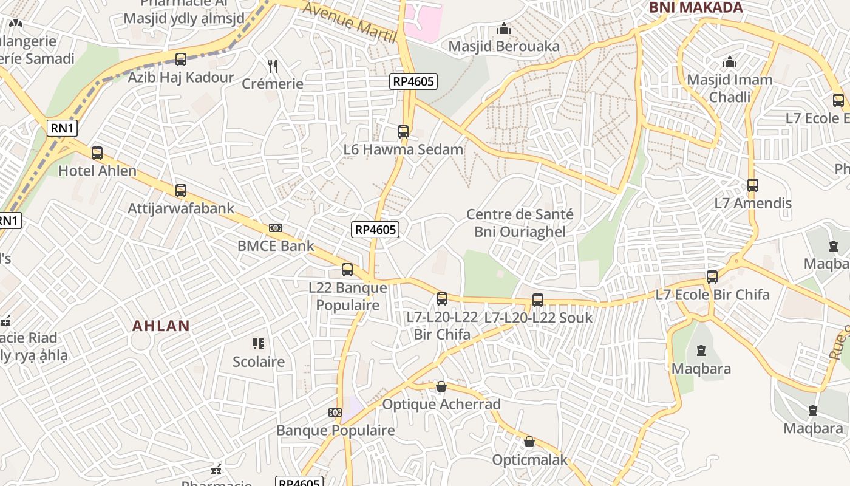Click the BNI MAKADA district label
(x=696, y=7)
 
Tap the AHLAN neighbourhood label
(x=161, y=326)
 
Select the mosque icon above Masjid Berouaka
(x=503, y=29)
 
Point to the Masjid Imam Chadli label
(x=729, y=88)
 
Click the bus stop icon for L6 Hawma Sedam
(x=403, y=131)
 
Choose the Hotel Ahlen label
(x=97, y=171)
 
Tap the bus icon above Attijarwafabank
(x=180, y=191)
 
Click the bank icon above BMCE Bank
(x=276, y=228)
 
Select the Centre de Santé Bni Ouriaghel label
(x=520, y=223)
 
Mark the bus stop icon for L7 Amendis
(x=753, y=185)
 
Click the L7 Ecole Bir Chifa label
(x=712, y=295)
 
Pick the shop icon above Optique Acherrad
(x=441, y=386)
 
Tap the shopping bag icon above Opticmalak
(x=529, y=442)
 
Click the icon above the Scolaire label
(x=259, y=344)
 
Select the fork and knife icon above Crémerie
(x=273, y=66)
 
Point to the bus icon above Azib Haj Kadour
(x=180, y=60)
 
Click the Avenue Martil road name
(x=349, y=22)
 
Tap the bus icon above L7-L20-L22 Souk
(x=537, y=299)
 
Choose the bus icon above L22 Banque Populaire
(x=347, y=270)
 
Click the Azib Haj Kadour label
(x=180, y=77)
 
